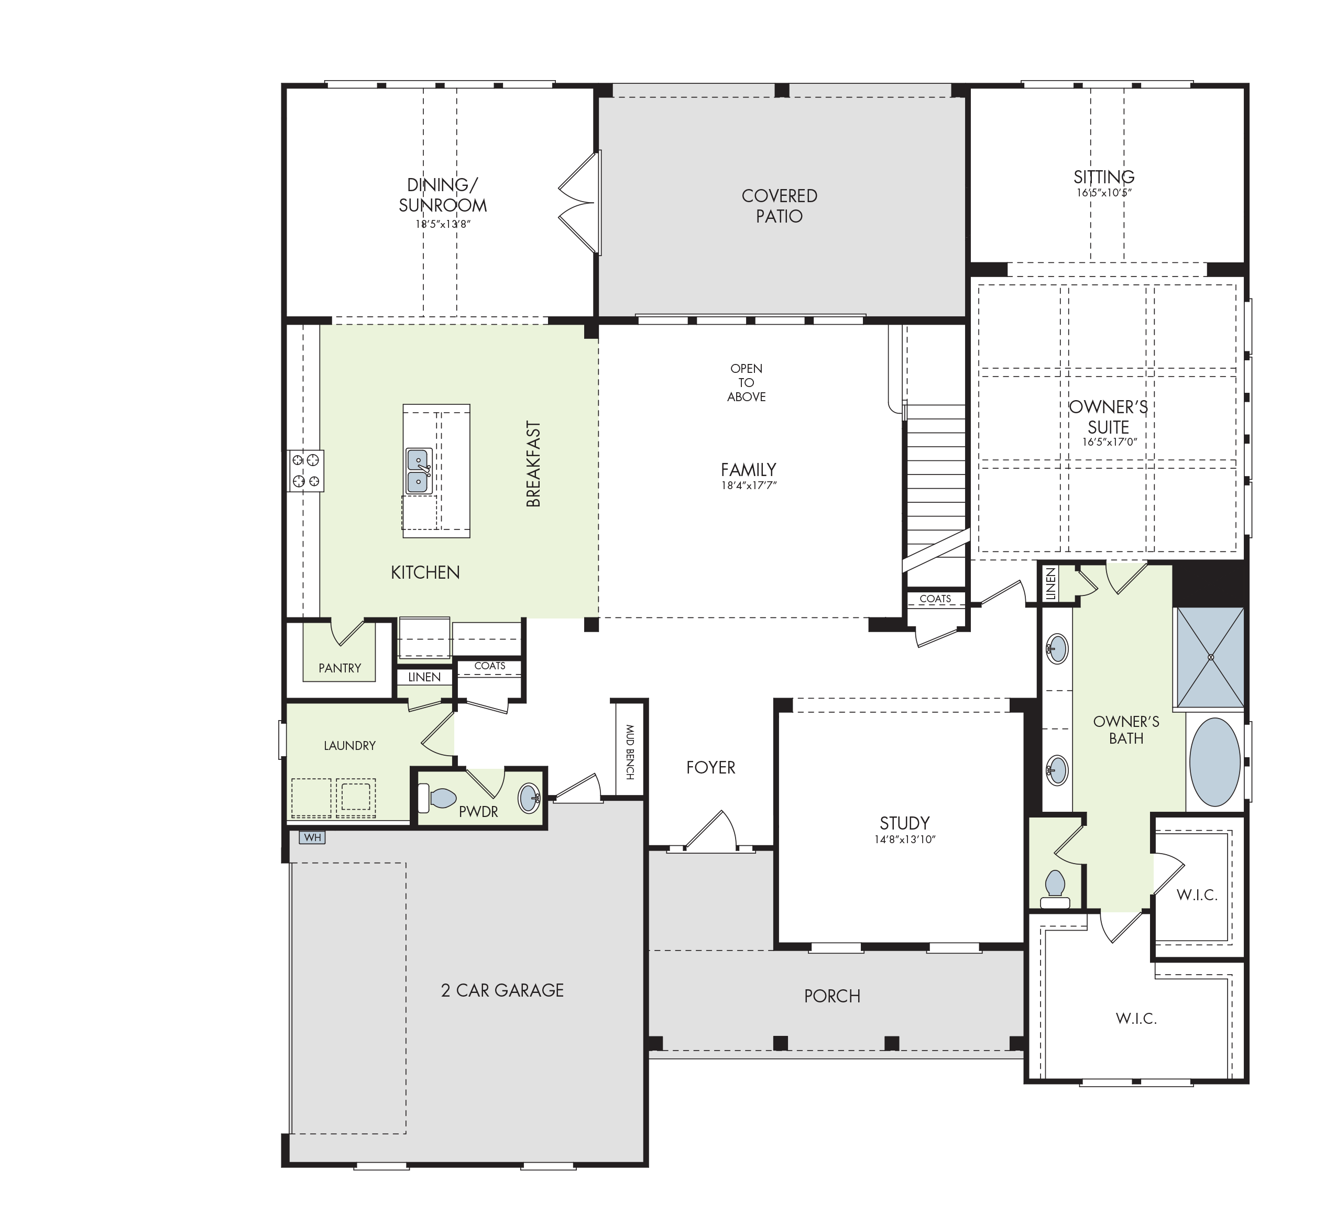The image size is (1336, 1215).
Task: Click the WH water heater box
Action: pyautogui.click(x=312, y=837)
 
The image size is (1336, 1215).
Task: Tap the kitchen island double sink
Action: pyautogui.click(x=418, y=471)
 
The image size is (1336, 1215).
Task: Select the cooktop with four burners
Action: pyautogui.click(x=306, y=470)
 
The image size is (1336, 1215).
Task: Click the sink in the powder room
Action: pyautogui.click(x=530, y=798)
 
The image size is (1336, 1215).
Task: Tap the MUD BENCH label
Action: pyautogui.click(x=630, y=752)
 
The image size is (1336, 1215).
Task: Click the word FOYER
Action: pyautogui.click(x=710, y=767)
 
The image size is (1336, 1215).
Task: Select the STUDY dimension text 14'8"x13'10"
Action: pyautogui.click(x=905, y=840)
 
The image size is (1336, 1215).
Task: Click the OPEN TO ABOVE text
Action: pyautogui.click(x=746, y=382)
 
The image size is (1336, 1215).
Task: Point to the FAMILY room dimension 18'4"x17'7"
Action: pyautogui.click(x=749, y=485)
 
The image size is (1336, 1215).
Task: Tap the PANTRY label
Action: pyautogui.click(x=340, y=668)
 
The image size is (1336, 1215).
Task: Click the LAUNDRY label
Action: pyautogui.click(x=350, y=745)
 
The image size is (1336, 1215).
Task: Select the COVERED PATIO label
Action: pyautogui.click(x=780, y=205)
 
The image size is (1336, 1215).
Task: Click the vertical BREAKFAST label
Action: pyautogui.click(x=533, y=463)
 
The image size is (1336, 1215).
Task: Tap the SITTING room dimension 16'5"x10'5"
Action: pyautogui.click(x=1104, y=193)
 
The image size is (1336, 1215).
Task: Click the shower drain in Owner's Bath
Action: pyautogui.click(x=1211, y=657)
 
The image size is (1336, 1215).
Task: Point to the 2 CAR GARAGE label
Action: pyautogui.click(x=502, y=990)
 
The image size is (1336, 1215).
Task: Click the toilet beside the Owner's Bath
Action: pyautogui.click(x=1054, y=889)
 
